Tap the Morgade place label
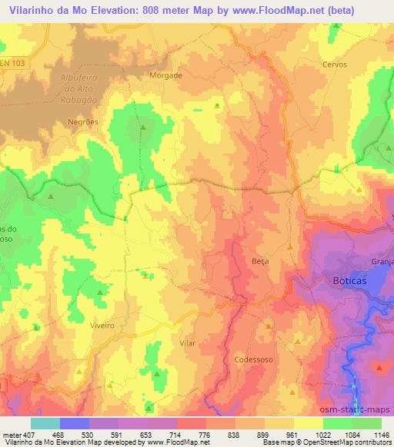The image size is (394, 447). (165, 76)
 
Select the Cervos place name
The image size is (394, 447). (336, 65)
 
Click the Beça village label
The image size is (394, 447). (260, 261)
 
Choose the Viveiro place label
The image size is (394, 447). (102, 326)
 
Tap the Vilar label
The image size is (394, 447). (187, 343)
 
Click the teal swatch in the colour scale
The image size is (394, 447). (45, 422)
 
